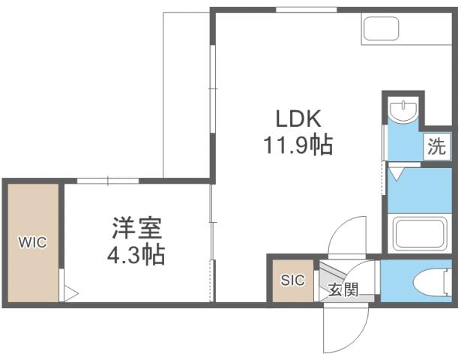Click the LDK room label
[298, 118]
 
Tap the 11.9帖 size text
[298, 144]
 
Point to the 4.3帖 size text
[137, 254]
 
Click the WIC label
[32, 243]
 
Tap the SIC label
[292, 280]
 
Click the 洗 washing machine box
[436, 145]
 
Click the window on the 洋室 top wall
[108, 181]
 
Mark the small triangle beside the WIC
[69, 292]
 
